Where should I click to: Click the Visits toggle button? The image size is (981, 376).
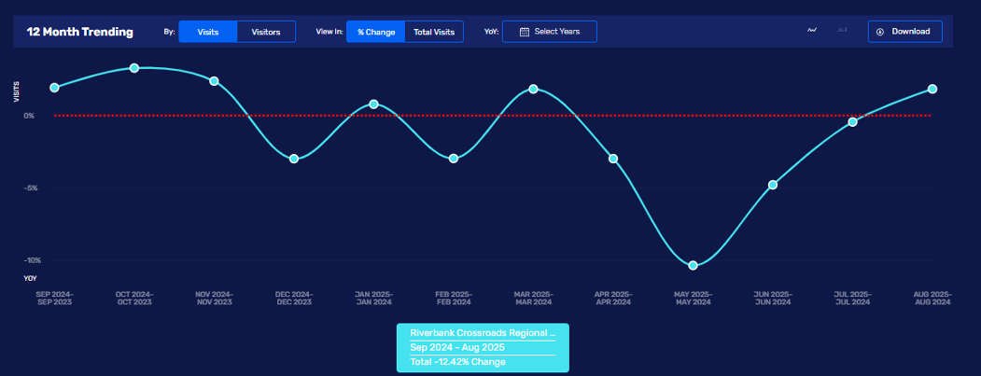208,32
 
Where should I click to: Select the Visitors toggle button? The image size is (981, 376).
266,32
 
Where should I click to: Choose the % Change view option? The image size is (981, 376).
376,32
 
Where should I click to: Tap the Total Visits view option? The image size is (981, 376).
434,32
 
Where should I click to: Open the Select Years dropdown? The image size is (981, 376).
549,32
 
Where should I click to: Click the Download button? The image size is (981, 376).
904,32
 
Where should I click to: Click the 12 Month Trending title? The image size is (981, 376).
80,32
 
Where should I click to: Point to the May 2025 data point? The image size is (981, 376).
693,266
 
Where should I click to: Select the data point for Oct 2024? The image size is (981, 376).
134,68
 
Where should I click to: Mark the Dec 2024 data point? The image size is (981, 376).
294,159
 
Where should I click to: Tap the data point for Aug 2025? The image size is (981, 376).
932,89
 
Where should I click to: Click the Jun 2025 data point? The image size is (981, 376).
773,185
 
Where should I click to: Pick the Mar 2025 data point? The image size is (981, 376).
533,89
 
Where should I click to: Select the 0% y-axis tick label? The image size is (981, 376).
29,116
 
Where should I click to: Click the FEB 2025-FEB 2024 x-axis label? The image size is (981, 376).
453,298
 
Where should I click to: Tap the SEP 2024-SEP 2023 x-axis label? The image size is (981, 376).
54,298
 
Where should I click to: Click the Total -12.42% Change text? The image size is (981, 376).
457,361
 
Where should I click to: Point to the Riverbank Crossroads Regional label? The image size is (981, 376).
482,333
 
